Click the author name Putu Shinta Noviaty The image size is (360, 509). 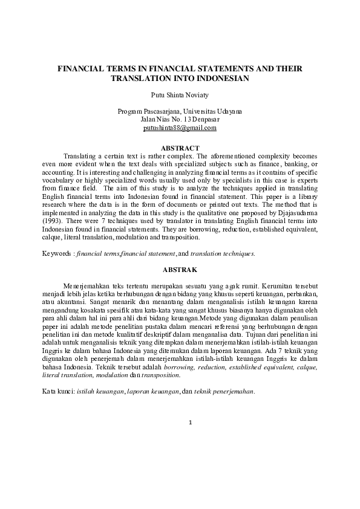coord(180,95)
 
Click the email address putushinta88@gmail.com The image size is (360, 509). coord(180,128)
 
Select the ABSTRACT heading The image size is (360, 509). coord(180,148)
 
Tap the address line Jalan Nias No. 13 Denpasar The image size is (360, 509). coord(180,120)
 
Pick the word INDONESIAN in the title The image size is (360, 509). coord(222,79)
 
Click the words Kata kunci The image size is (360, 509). coord(57,391)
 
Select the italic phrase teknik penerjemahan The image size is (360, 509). coord(224,391)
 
